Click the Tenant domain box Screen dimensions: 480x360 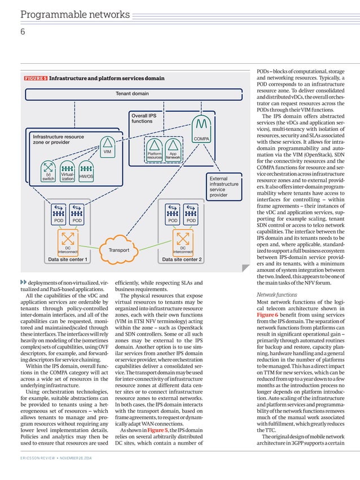[133, 94]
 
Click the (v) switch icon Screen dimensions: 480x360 [49, 171]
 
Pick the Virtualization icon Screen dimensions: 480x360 [67, 171]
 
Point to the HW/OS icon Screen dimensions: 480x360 [86, 171]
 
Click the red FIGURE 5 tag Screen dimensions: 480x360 [35, 78]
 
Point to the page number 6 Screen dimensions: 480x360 [23, 33]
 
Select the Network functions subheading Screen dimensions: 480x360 [276, 294]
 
